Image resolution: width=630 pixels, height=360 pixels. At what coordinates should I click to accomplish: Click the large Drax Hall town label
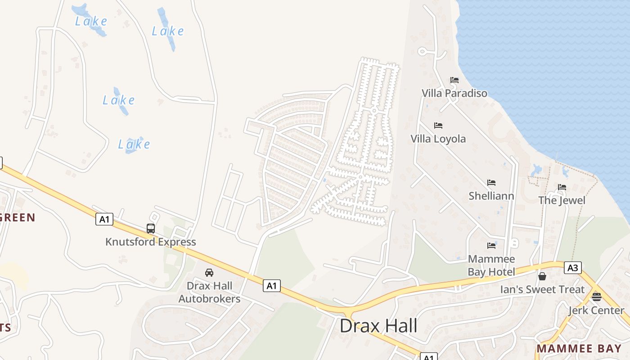tap(378, 326)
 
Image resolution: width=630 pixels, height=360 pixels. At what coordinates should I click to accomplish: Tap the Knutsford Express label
tap(151, 242)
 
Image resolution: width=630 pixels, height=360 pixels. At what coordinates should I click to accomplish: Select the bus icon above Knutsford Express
tap(151, 229)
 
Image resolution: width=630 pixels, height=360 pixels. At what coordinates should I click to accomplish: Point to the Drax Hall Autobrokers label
tap(210, 292)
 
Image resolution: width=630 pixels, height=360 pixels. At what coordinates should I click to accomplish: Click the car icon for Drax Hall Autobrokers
tap(209, 273)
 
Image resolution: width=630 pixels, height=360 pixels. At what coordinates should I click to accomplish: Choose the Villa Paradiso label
tap(454, 93)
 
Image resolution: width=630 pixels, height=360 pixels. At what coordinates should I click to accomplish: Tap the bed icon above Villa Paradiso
tap(454, 81)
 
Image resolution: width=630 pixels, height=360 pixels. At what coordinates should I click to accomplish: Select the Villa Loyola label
tap(438, 139)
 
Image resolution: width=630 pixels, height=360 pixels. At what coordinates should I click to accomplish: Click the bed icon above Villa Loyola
tap(438, 126)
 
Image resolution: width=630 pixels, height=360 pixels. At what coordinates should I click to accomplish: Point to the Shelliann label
tap(491, 196)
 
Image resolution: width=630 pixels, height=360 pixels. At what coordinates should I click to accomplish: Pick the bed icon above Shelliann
tap(491, 183)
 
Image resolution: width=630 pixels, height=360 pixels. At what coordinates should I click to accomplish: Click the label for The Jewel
tap(562, 200)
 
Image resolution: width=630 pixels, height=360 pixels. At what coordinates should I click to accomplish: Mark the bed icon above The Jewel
tap(562, 187)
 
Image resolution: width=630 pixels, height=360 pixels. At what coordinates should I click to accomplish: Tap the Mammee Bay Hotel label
tap(491, 265)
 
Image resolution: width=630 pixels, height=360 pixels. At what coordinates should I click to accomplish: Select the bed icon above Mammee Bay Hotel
tap(491, 246)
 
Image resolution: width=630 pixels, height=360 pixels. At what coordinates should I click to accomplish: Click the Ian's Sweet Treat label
tap(542, 289)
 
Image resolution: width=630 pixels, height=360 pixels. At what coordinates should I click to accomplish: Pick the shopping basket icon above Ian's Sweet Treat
tap(542, 276)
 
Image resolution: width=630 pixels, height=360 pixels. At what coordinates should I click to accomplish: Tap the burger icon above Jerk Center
tap(597, 297)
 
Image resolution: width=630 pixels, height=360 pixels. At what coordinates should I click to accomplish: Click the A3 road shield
tap(572, 268)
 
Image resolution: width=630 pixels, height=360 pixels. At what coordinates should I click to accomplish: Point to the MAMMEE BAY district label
tap(579, 348)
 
